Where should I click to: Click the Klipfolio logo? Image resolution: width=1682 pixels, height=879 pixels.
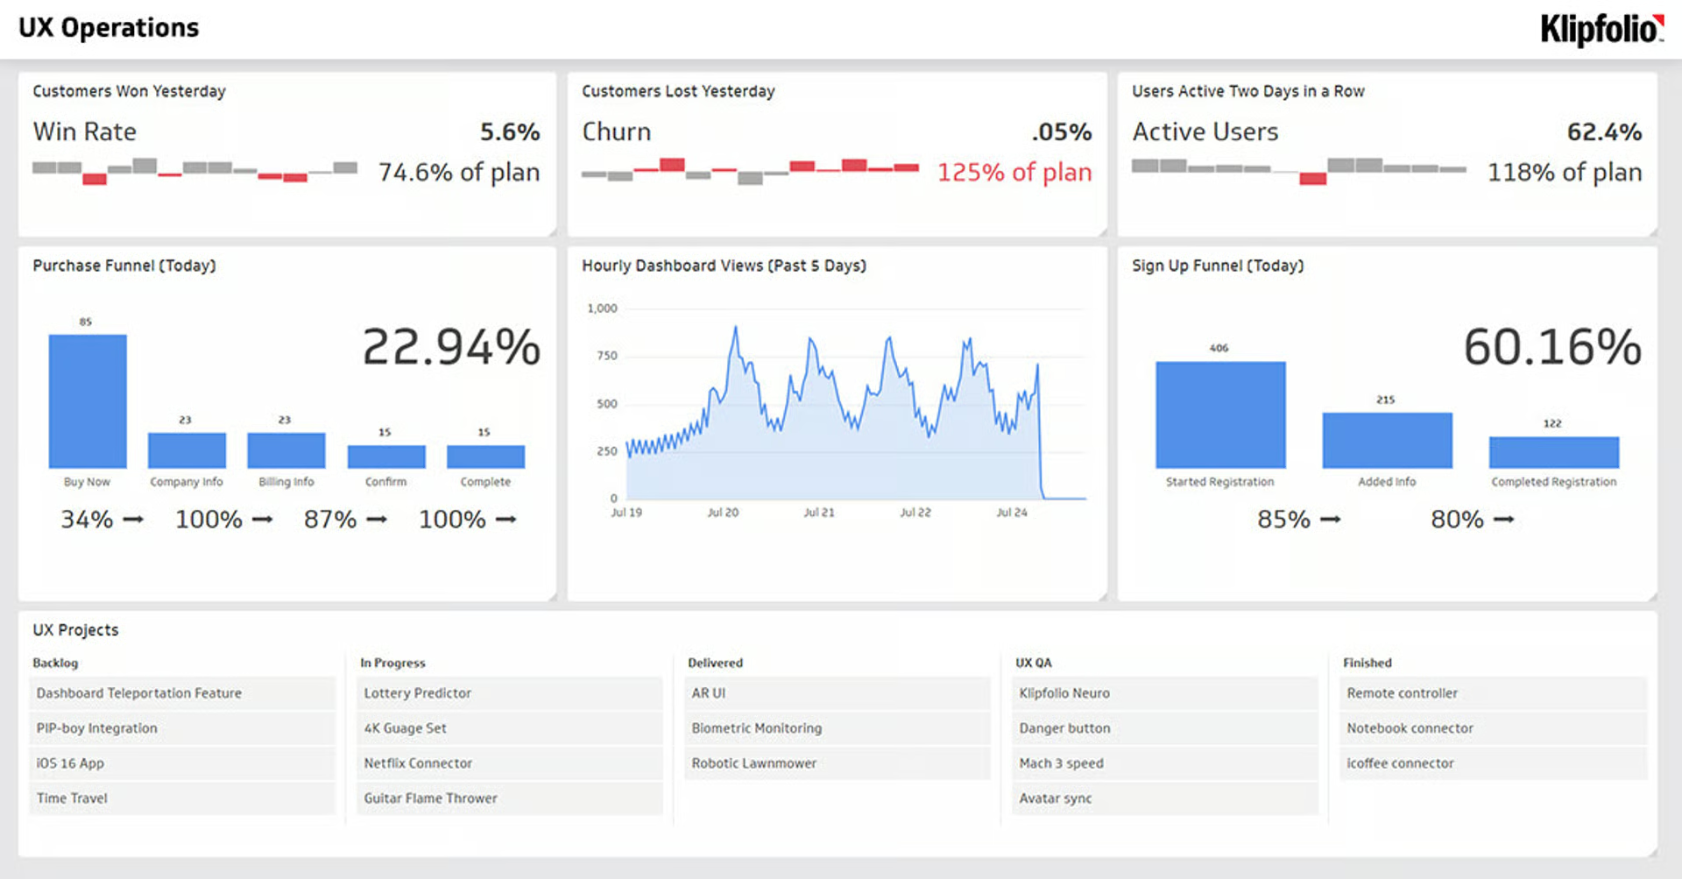tap(1601, 29)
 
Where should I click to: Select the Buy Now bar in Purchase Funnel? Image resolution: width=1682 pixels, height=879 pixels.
tap(88, 401)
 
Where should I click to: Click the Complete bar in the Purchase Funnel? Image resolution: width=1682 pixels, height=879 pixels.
tap(485, 457)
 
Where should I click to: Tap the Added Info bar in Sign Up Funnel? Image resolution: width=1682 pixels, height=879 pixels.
tap(1387, 440)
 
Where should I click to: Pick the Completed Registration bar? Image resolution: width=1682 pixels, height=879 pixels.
tap(1553, 452)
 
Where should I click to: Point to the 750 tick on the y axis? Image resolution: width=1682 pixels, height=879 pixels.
tap(607, 356)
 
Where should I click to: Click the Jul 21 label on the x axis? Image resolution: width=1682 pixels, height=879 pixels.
tap(819, 513)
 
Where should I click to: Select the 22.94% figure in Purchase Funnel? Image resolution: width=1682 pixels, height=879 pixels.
tap(451, 347)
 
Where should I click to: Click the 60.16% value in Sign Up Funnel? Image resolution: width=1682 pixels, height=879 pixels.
tap(1551, 347)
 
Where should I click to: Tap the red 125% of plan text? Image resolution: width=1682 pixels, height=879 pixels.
tap(1014, 173)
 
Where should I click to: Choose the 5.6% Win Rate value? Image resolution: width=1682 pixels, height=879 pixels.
tap(509, 132)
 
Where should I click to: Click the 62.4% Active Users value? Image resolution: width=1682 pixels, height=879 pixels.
tap(1603, 132)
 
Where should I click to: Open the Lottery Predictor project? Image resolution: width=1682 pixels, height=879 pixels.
tap(418, 693)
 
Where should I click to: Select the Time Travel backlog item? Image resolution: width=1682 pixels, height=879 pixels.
tap(72, 798)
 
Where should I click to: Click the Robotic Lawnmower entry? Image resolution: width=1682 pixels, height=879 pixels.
tap(753, 763)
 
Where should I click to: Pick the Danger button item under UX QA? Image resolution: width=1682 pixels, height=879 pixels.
tap(1064, 728)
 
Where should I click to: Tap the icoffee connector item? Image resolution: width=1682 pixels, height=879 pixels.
tap(1400, 763)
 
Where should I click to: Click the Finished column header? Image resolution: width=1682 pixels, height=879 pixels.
tap(1367, 663)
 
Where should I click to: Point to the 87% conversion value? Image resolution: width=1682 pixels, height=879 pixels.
tap(330, 520)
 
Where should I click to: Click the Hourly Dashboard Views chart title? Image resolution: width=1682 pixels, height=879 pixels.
tap(724, 266)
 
